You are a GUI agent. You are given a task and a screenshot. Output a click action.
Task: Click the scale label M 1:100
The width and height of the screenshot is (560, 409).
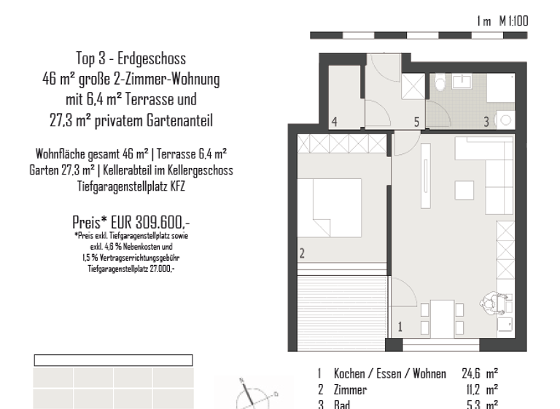click(513, 22)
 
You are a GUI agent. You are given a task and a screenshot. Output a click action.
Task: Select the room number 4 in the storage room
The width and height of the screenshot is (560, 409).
click(334, 122)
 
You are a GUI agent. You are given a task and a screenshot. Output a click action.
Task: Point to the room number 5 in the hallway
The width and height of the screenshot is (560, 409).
click(416, 122)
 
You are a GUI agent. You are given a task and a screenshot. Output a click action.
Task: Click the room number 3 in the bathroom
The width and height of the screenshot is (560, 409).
click(486, 122)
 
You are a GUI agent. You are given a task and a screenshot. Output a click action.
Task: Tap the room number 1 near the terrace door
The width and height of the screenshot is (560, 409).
click(400, 327)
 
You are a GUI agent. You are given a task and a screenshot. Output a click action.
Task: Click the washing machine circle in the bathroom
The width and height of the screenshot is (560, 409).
click(505, 118)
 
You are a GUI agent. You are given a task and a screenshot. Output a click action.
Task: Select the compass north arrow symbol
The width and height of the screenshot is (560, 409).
click(248, 392)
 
